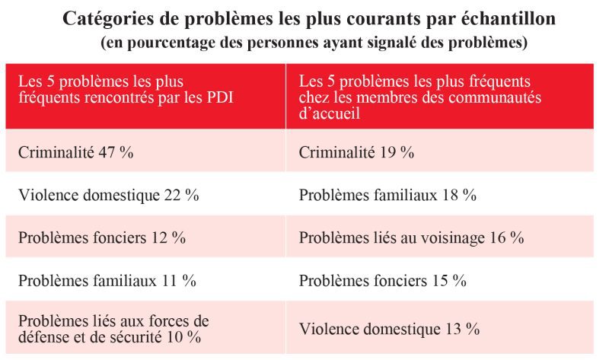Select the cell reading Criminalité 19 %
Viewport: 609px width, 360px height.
click(x=356, y=152)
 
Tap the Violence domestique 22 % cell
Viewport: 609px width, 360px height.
click(x=108, y=195)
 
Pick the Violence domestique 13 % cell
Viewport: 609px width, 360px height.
click(x=389, y=329)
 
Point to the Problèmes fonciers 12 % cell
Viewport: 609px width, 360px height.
click(x=101, y=237)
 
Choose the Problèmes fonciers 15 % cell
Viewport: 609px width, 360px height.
click(x=382, y=280)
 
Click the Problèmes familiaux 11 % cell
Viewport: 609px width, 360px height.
click(x=107, y=280)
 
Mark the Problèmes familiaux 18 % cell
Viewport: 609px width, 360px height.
click(x=387, y=195)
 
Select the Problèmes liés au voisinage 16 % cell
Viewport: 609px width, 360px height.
click(x=411, y=237)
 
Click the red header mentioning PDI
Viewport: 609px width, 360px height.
click(x=145, y=95)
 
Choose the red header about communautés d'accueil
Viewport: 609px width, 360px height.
click(x=442, y=95)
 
